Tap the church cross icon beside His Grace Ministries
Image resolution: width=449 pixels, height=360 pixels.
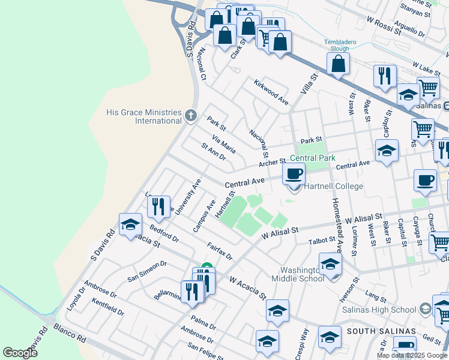tap(190, 115)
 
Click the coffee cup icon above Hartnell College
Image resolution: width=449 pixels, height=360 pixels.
tap(294, 174)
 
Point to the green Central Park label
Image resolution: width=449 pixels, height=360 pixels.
tap(312, 158)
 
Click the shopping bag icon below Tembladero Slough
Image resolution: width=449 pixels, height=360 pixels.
tap(339, 64)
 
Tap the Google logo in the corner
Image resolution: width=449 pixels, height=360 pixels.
tap(20, 353)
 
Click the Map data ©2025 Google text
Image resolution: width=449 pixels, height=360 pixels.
tap(412, 355)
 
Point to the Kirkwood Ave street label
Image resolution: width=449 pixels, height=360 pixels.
tap(271, 92)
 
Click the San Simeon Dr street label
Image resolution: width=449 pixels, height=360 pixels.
tap(146, 272)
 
